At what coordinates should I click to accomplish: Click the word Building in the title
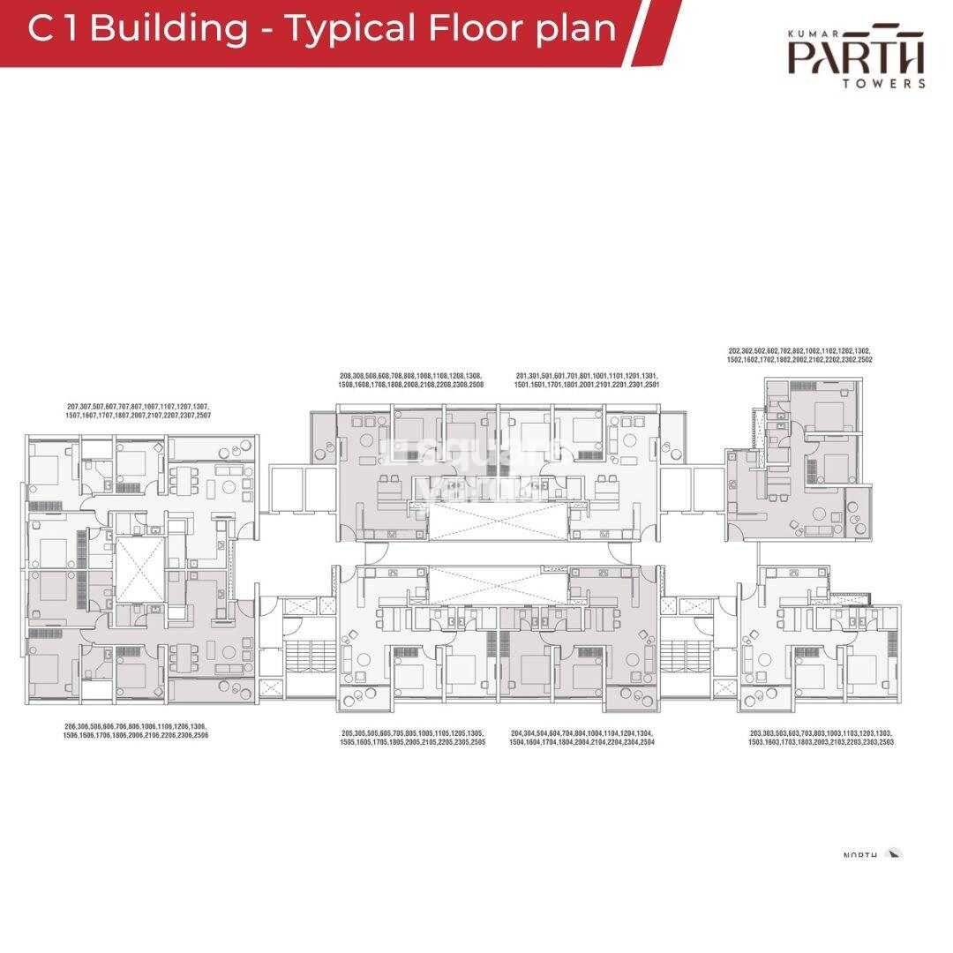coord(169,28)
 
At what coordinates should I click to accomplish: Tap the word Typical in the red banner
coord(349,28)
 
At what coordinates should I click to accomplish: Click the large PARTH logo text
coord(857,58)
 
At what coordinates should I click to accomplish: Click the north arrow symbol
coord(895,854)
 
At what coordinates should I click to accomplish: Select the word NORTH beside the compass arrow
coord(860,856)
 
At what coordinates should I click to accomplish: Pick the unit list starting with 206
coord(136,730)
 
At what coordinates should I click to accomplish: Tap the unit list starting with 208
coord(411,381)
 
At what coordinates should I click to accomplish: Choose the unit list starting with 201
coord(588,381)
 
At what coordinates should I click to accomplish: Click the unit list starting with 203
coord(821,738)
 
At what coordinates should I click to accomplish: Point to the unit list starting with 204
coord(582,738)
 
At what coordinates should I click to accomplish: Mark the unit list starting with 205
coord(413,738)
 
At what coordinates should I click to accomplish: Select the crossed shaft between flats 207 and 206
coord(139,565)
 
